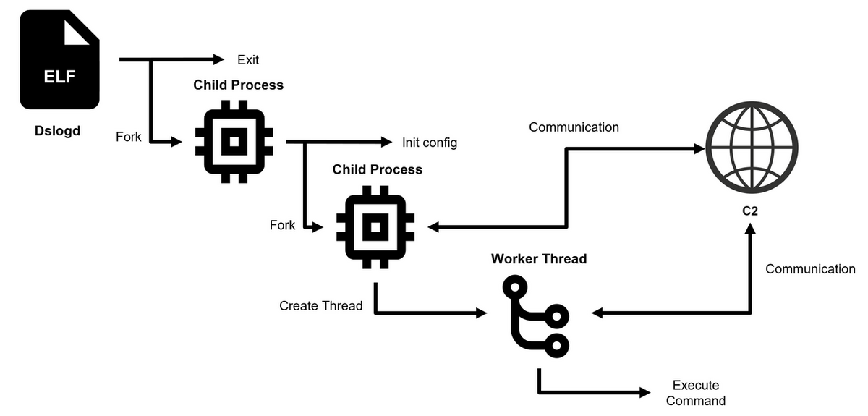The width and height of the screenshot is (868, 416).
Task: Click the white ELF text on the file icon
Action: [x=59, y=77]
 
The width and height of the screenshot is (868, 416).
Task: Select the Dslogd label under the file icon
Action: [x=59, y=131]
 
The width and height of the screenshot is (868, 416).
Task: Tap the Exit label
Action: [x=248, y=59]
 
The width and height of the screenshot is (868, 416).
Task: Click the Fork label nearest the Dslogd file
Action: [x=129, y=136]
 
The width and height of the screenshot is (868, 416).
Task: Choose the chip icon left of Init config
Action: [x=234, y=142]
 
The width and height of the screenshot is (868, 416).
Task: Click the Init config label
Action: [x=430, y=143]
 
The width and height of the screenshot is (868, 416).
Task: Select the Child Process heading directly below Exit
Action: [x=238, y=85]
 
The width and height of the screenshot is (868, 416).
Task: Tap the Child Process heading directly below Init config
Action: [x=377, y=169]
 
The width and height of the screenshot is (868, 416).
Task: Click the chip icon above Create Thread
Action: [x=375, y=227]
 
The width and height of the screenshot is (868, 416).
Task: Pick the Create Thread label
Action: [x=321, y=306]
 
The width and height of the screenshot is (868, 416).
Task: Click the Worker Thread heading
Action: [x=539, y=259]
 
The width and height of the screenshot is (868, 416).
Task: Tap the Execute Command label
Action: [x=695, y=393]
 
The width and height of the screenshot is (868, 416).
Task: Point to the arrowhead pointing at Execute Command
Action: [x=644, y=393]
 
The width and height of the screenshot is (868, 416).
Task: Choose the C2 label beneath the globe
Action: [x=750, y=211]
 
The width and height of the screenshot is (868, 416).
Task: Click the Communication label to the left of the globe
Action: [x=574, y=127]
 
